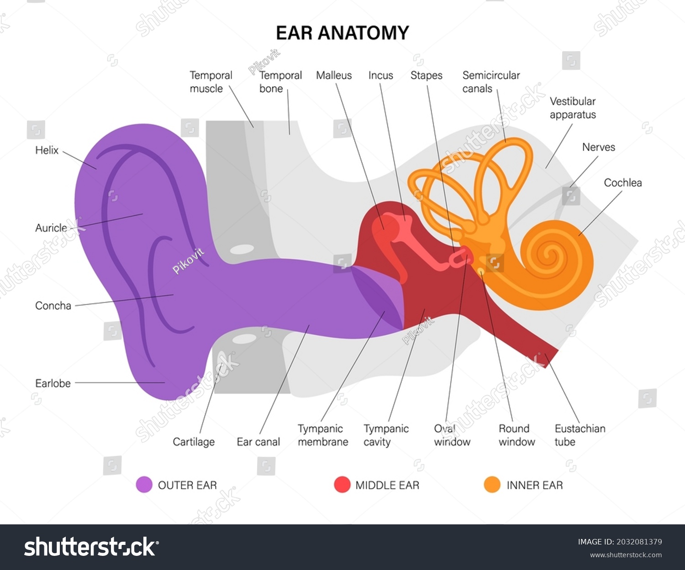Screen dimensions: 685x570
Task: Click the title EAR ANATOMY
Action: (x=342, y=33)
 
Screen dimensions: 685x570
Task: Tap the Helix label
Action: (x=47, y=150)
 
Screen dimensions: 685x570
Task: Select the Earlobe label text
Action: (x=53, y=383)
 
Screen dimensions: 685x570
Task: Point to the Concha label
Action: (x=53, y=306)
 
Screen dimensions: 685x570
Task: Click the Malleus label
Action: (x=334, y=75)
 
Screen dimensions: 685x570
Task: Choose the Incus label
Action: (x=380, y=75)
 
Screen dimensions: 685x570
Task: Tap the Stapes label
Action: (x=426, y=76)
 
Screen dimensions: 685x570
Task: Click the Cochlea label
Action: (x=623, y=183)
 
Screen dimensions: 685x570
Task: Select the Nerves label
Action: (x=598, y=147)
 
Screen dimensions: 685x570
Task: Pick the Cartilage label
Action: (x=194, y=442)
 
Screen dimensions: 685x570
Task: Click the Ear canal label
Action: (x=258, y=442)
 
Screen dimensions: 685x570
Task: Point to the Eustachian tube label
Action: (x=580, y=435)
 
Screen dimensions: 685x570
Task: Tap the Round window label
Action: (x=516, y=435)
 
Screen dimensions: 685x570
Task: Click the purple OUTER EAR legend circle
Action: (x=144, y=485)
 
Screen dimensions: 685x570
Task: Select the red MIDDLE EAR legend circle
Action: (x=342, y=485)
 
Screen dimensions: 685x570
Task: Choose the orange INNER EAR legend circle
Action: (x=492, y=485)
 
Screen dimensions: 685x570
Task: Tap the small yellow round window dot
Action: (x=481, y=271)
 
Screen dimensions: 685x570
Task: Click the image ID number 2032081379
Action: (x=639, y=542)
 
